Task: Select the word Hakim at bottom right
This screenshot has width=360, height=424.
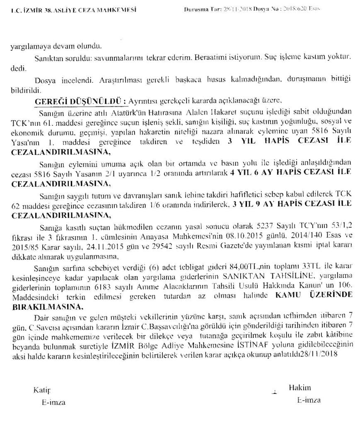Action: (300, 388)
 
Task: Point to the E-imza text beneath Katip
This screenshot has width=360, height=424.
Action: (53, 402)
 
